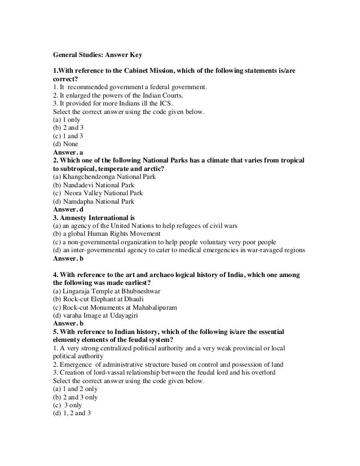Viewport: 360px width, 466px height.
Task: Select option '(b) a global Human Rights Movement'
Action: tap(107, 233)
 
